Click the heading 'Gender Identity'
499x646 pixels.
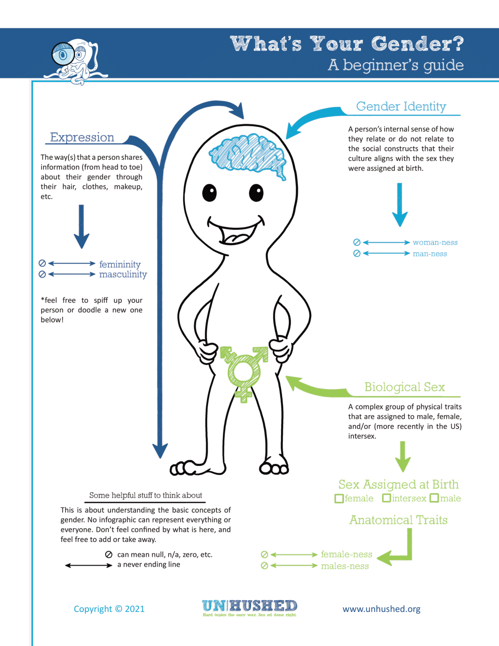tap(401, 106)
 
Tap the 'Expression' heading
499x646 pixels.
tap(82, 138)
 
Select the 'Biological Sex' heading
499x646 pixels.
tap(404, 387)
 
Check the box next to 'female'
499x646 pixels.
tap(339, 499)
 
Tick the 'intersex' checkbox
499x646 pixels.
tap(386, 498)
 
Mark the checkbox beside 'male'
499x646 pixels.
tap(434, 498)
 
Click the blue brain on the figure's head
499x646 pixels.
tap(248, 154)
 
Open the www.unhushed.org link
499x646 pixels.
tap(381, 609)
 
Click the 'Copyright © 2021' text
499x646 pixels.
tap(109, 609)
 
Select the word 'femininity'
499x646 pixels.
tap(120, 264)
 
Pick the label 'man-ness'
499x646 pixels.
tap(430, 254)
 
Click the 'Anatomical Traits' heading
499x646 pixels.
tap(398, 520)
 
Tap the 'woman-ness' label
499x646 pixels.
tap(435, 242)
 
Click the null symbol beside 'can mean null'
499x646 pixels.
tap(108, 555)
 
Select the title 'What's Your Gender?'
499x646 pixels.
tap(347, 44)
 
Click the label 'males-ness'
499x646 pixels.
tap(345, 566)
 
